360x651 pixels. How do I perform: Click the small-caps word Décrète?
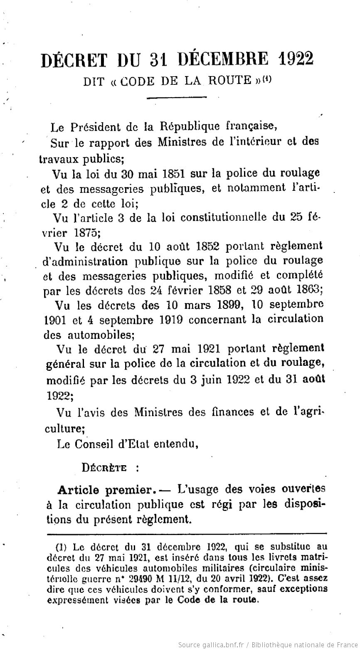(104, 467)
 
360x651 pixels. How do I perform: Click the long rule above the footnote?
(187, 534)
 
